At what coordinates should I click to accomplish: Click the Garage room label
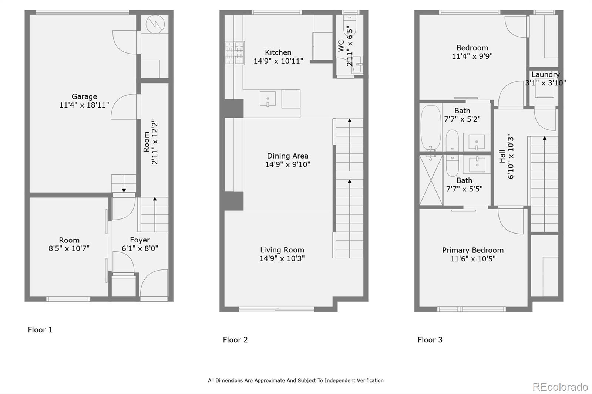[x=84, y=96]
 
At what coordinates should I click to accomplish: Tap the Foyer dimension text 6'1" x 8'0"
[x=140, y=248]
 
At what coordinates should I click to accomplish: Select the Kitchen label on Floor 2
[x=278, y=52]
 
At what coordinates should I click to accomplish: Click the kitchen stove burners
[x=235, y=53]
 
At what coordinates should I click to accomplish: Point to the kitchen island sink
[x=268, y=99]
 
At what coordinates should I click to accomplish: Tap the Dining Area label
[x=287, y=156]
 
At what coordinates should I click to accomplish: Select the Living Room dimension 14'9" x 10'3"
[x=282, y=258]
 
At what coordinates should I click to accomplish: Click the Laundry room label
[x=545, y=74]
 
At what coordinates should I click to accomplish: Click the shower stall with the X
[x=431, y=180]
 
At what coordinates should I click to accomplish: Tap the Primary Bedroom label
[x=473, y=250]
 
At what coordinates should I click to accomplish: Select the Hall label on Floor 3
[x=502, y=156]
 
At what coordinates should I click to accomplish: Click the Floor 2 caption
[x=235, y=340]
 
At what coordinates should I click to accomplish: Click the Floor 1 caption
[x=40, y=330]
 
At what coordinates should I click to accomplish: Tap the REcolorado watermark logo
[x=560, y=387]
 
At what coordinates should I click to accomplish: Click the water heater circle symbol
[x=155, y=24]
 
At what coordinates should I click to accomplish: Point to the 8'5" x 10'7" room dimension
[x=69, y=248]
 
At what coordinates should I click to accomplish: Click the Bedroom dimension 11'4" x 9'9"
[x=472, y=56]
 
